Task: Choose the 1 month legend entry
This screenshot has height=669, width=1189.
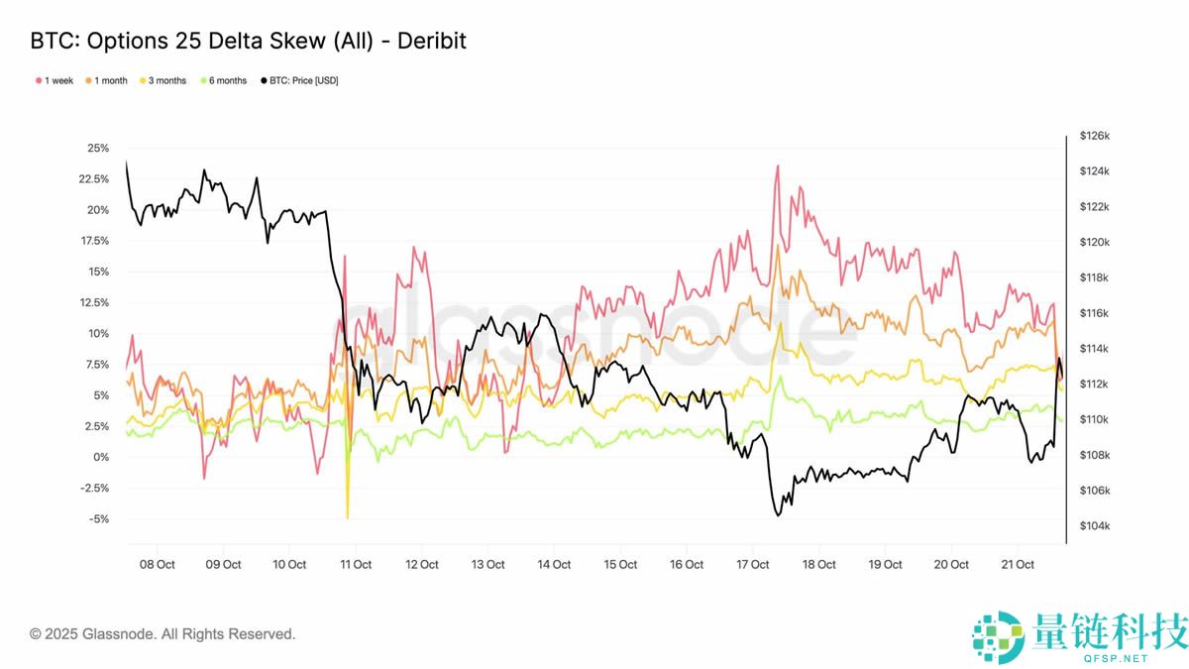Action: pos(110,80)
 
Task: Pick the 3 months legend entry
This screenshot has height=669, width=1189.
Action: pos(166,80)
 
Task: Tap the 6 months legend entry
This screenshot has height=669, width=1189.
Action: pos(227,80)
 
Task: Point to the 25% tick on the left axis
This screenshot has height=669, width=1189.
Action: pos(98,149)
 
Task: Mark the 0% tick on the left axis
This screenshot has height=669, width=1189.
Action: pos(102,457)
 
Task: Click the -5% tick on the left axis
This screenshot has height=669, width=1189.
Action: pos(98,519)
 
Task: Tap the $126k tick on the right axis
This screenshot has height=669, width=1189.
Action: pos(1095,136)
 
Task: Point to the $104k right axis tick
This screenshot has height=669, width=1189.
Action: pos(1095,526)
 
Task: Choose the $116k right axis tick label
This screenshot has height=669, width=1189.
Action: pos(1095,313)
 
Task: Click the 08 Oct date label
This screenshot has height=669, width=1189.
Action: pos(157,565)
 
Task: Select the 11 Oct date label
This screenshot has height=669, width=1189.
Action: pos(355,565)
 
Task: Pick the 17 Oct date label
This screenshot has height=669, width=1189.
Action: pos(752,565)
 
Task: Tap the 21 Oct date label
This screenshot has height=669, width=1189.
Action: pos(1018,565)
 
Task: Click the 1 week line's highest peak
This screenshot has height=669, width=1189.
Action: pos(777,166)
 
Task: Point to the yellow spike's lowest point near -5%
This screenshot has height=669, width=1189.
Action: pos(348,517)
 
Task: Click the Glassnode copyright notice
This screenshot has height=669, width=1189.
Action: pos(162,634)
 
